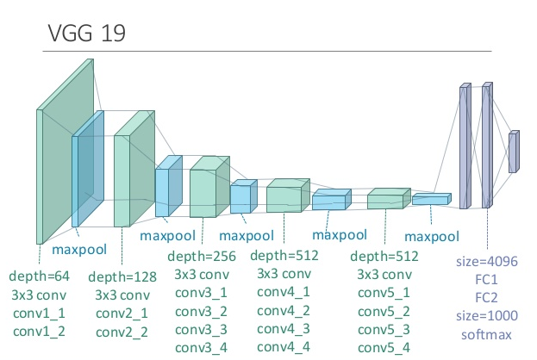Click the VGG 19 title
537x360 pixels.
point(87,34)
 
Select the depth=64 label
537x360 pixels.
point(40,276)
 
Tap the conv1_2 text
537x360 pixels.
point(39,332)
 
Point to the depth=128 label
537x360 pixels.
point(122,276)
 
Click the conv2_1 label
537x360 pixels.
point(122,313)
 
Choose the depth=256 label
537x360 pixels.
point(202,257)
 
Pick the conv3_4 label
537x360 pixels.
point(202,348)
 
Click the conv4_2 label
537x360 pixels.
point(284,311)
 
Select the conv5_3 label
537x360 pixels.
point(384,330)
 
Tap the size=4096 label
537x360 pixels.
point(487,262)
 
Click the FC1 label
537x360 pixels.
point(486,280)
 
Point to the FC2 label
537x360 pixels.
point(486,298)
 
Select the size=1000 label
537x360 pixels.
point(487,316)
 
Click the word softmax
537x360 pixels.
point(486,335)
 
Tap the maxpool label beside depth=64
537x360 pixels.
point(79,250)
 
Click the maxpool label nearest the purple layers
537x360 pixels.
point(432,237)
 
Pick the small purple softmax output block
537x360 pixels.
point(514,152)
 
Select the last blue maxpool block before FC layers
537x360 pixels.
point(432,199)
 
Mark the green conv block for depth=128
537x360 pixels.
point(134,169)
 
